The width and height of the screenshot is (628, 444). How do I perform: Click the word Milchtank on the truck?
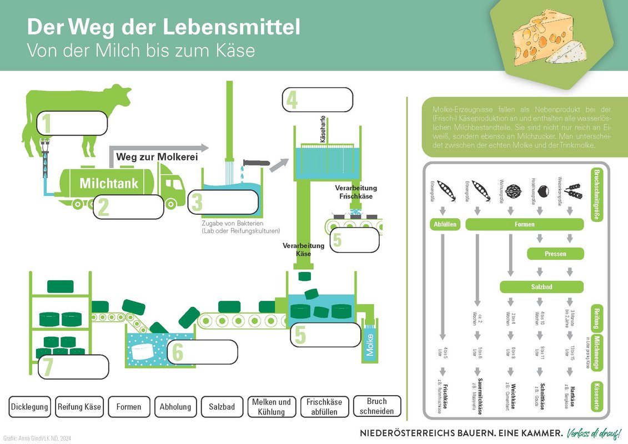[109, 183]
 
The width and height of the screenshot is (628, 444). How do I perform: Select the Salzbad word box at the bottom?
[222, 407]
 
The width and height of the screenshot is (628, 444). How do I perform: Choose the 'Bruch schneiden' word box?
[376, 406]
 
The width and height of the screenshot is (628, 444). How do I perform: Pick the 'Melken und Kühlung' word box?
[271, 407]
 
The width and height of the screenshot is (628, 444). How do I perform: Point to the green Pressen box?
[555, 254]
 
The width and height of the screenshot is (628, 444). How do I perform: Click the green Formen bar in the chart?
[524, 225]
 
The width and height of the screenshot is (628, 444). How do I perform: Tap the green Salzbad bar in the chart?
[541, 287]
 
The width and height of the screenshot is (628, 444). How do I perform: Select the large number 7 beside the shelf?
[48, 367]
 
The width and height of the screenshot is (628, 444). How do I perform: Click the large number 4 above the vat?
[292, 100]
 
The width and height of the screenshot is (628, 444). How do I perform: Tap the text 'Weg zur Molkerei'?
[157, 157]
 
